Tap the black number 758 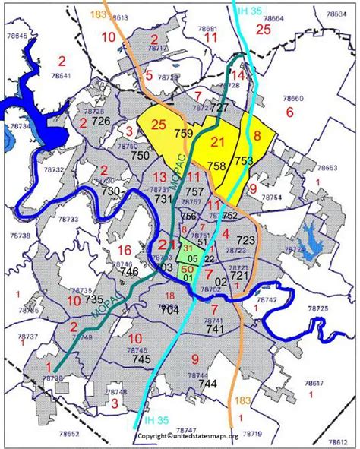pyautogui.click(x=217, y=166)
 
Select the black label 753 pyautogui.click(x=243, y=160)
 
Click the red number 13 pyautogui.click(x=160, y=177)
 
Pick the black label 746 pyautogui.click(x=129, y=271)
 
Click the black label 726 pyautogui.click(x=101, y=122)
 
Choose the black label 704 pyautogui.click(x=170, y=309)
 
